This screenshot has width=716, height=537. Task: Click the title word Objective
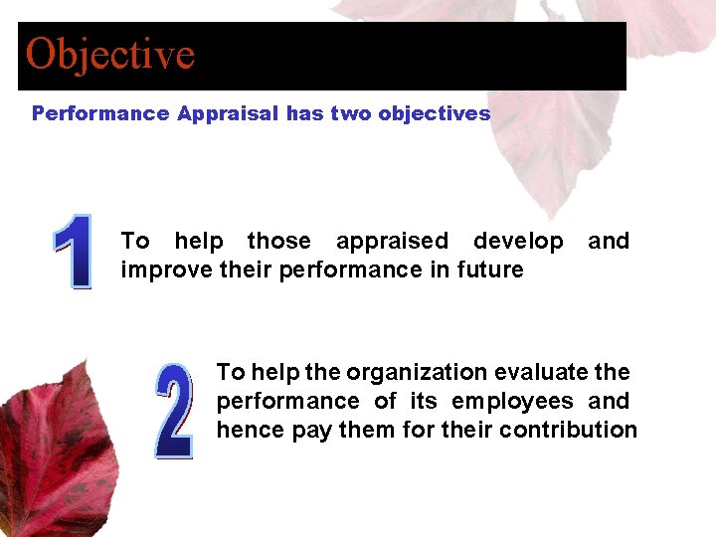pyautogui.click(x=110, y=54)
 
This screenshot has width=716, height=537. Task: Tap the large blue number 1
pyautogui.click(x=73, y=253)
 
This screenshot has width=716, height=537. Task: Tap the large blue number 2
pyautogui.click(x=174, y=412)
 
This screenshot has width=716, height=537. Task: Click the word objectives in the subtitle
pyautogui.click(x=434, y=113)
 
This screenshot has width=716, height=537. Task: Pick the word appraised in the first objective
pyautogui.click(x=392, y=242)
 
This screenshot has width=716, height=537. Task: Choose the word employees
pyautogui.click(x=512, y=402)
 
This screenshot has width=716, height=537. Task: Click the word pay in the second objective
pyautogui.click(x=306, y=431)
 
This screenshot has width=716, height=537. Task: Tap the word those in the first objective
pyautogui.click(x=278, y=242)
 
